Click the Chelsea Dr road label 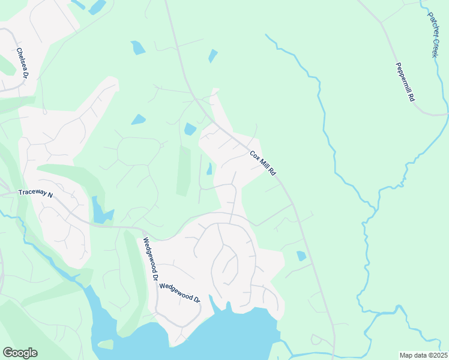[22, 62]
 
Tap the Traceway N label [35, 194]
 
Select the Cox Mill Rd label [264, 163]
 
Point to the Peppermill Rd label [405, 82]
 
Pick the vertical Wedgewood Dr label [149, 260]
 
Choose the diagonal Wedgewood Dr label [179, 293]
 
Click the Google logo [20, 353]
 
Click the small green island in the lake [105, 344]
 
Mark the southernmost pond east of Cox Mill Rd [301, 256]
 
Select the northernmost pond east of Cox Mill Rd [212, 56]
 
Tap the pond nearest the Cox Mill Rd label [209, 169]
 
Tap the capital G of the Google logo [8, 353]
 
